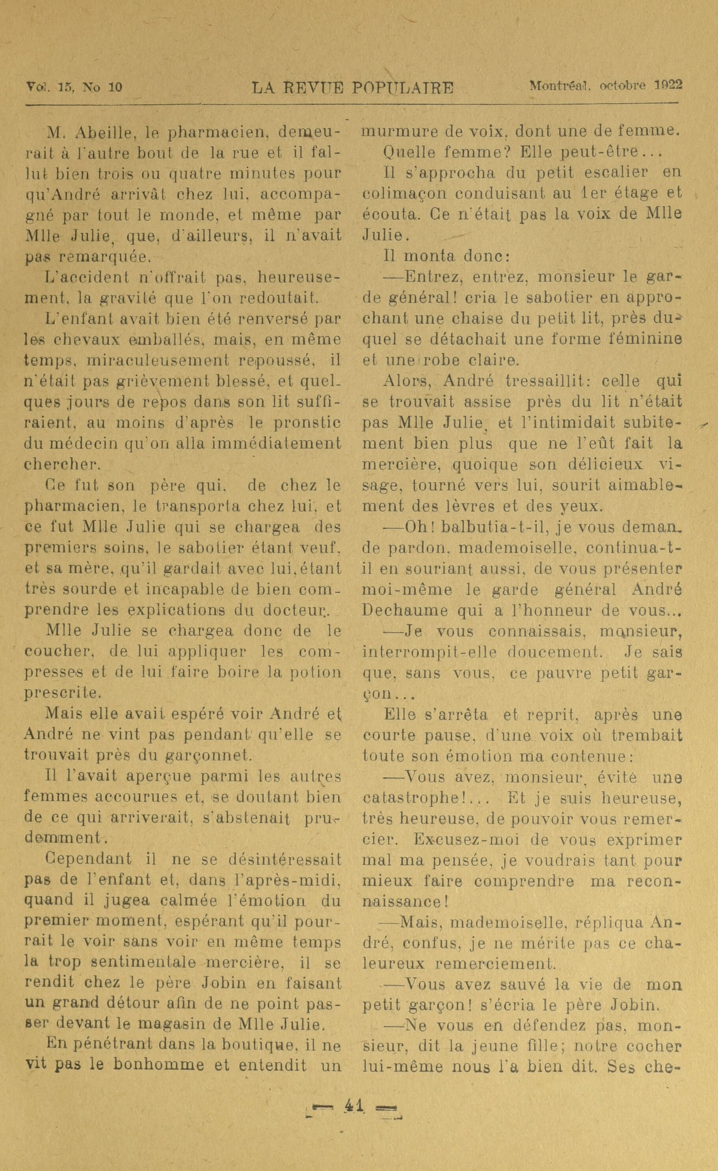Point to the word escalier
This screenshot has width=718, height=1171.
616,172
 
